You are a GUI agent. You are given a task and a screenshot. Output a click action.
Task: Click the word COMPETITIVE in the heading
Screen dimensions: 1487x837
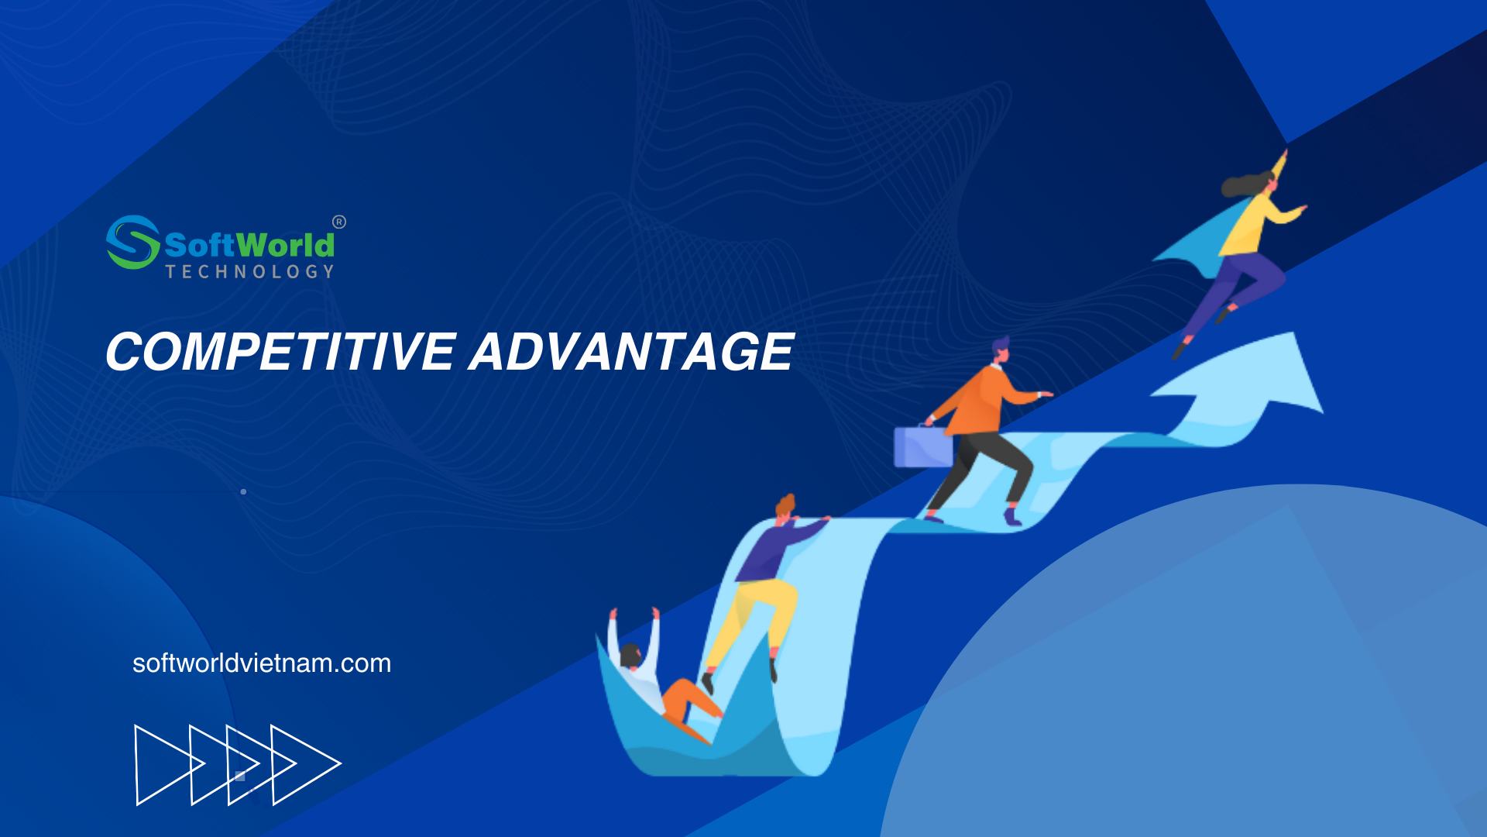point(280,352)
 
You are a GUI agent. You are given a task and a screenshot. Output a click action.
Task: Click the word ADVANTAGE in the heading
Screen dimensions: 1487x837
point(632,352)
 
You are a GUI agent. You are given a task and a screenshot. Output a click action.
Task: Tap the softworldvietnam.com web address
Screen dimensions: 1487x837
point(262,663)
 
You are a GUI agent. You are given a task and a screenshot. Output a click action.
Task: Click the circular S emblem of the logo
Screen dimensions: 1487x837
point(132,243)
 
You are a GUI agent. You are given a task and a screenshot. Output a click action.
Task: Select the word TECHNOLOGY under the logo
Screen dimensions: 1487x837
point(250,271)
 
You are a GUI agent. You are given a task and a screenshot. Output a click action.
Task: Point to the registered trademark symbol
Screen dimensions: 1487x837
point(339,222)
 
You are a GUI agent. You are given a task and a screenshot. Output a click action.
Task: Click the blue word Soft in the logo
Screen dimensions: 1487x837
point(199,245)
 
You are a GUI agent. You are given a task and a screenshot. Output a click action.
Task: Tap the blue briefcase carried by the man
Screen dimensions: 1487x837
point(923,446)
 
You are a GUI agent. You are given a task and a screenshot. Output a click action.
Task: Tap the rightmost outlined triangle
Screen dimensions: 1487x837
point(305,764)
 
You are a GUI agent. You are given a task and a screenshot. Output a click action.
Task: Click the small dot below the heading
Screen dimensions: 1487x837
point(243,491)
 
